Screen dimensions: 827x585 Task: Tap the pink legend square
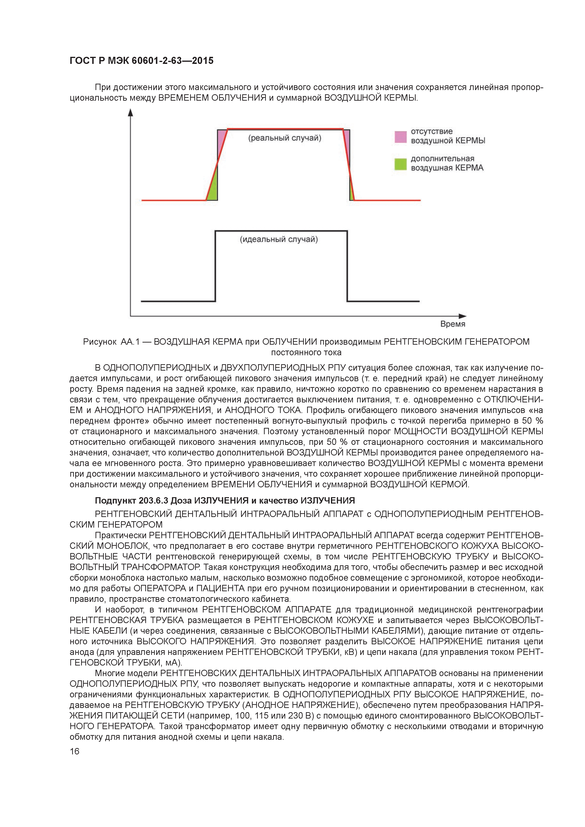click(x=401, y=137)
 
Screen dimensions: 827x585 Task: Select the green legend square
click(x=401, y=164)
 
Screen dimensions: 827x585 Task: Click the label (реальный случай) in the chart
click(x=284, y=138)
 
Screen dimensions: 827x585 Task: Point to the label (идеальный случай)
click(x=279, y=240)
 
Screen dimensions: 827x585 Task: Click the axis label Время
click(x=453, y=324)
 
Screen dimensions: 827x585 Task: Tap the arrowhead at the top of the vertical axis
click(x=130, y=112)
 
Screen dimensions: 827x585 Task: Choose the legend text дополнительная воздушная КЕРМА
click(x=447, y=163)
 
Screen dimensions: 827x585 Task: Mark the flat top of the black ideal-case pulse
click(x=281, y=231)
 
